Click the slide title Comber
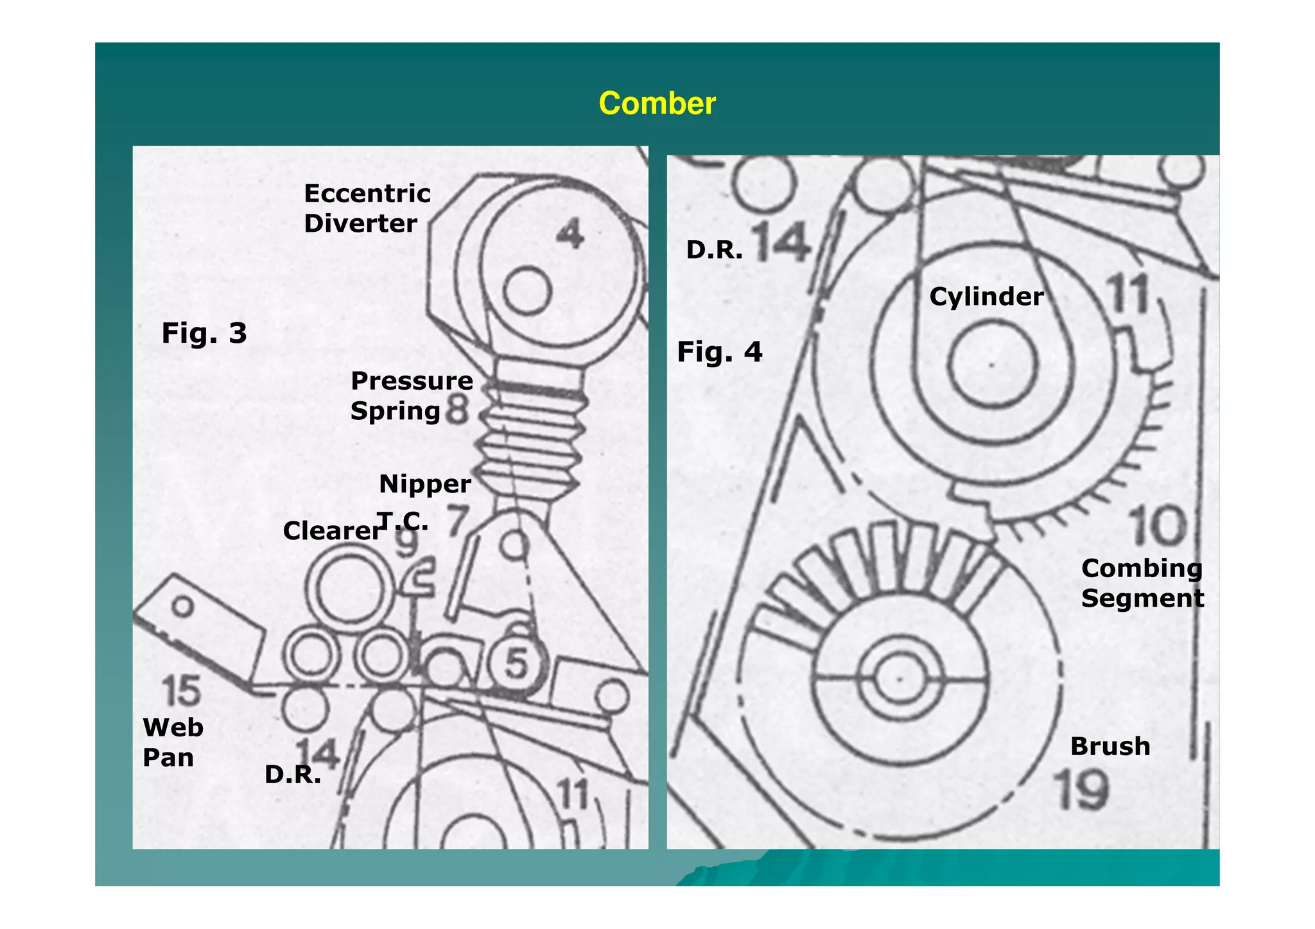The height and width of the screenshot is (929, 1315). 656,103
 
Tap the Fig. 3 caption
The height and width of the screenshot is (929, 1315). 204,333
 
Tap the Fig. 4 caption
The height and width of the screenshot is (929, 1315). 719,352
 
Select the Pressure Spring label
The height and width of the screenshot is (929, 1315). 411,395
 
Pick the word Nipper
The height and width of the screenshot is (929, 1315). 424,484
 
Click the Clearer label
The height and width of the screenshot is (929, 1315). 332,531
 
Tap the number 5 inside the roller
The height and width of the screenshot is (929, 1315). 516,663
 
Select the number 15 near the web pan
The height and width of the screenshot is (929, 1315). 181,691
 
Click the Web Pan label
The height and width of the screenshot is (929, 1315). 172,742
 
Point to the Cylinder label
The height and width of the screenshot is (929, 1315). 986,297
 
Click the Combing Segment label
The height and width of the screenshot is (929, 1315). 1142,583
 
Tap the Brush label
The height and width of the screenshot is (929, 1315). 1110,746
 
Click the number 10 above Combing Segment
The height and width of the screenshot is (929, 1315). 1158,526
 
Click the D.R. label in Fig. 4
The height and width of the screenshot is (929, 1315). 714,250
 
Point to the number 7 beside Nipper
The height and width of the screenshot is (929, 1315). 457,521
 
